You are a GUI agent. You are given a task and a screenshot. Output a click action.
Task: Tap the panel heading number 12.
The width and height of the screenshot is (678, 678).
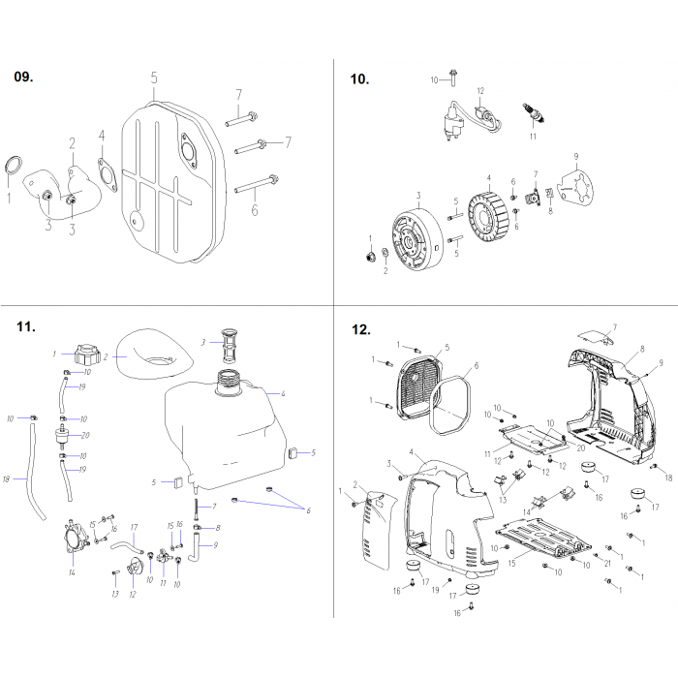click(361, 330)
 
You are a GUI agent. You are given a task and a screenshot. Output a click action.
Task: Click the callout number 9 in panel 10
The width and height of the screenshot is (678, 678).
click(575, 156)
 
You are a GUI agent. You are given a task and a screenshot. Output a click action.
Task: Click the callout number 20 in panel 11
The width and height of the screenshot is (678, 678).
click(85, 435)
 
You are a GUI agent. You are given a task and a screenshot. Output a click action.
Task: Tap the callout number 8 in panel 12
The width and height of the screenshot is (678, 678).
click(641, 347)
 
